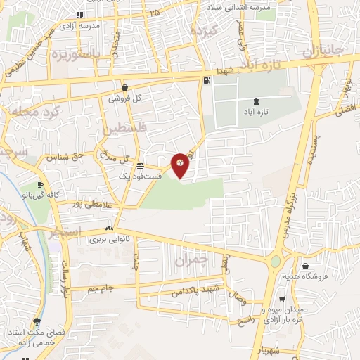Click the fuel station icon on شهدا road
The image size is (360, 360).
tap(206, 80)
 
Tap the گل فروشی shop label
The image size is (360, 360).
tap(124, 99)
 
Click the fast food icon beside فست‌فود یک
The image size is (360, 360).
tap(141, 166)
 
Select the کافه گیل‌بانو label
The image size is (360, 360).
tap(42, 193)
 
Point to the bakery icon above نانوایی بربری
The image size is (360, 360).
tap(109, 228)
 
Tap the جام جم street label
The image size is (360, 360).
tap(101, 289)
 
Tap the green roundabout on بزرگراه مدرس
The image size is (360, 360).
tap(275, 262)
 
